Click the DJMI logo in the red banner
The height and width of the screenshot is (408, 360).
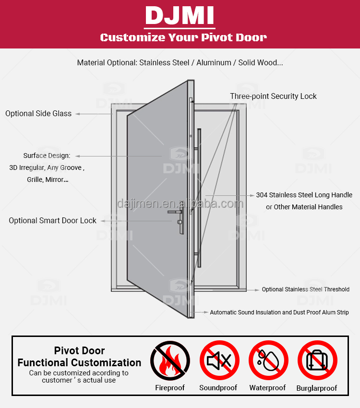click(x=180, y=16)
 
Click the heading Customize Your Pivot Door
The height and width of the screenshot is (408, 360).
click(x=183, y=37)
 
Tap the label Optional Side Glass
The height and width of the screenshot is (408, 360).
click(x=38, y=114)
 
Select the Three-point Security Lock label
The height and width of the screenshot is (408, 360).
click(x=273, y=96)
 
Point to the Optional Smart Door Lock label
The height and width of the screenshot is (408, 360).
click(x=52, y=221)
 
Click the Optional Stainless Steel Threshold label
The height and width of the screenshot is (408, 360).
click(x=306, y=289)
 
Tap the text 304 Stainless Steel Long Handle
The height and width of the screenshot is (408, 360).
click(x=304, y=195)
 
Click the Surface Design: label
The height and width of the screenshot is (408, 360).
click(x=47, y=156)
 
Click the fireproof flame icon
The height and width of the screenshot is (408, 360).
click(x=170, y=360)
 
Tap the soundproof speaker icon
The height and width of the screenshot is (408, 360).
click(x=219, y=360)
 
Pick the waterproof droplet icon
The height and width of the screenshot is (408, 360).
click(x=268, y=360)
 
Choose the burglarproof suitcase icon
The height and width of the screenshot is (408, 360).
click(x=317, y=360)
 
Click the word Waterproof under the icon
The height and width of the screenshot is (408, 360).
click(x=267, y=388)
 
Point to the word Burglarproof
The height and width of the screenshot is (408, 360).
click(x=317, y=388)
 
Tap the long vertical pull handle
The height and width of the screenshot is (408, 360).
click(x=199, y=198)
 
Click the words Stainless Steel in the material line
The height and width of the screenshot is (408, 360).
click(x=164, y=63)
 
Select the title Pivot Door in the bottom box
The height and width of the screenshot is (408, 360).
click(x=79, y=351)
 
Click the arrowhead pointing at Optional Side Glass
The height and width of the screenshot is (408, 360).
click(x=78, y=114)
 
